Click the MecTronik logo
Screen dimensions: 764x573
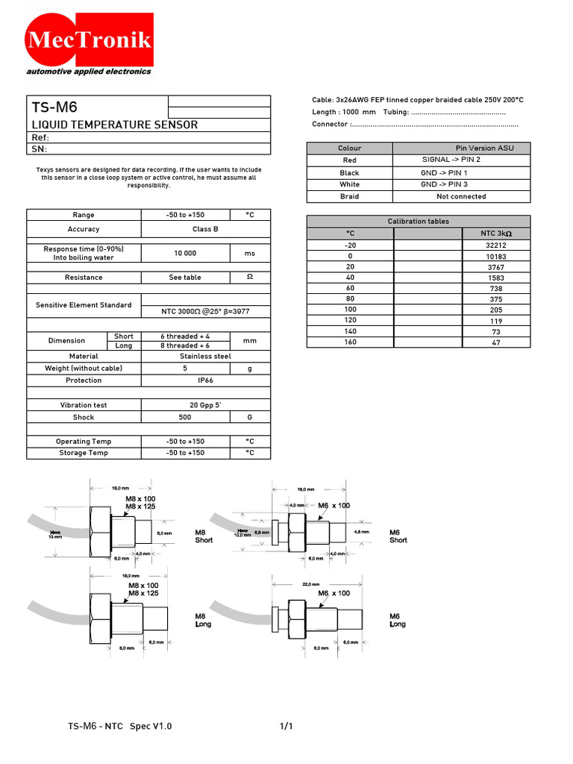[89, 41]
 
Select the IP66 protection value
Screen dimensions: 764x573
[186, 381]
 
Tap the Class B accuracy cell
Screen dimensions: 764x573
[186, 229]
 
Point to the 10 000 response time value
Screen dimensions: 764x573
[185, 253]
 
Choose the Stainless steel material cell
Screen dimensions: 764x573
[186, 357]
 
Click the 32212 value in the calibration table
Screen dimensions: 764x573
[495, 245]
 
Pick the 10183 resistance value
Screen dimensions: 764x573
[495, 256]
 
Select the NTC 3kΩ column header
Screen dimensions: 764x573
[495, 234]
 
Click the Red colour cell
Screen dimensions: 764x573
[349, 160]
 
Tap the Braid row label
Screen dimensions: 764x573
[349, 196]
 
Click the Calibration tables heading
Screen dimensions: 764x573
[419, 222]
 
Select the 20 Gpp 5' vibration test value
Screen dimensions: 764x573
[186, 405]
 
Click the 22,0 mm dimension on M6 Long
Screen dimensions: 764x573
[310, 584]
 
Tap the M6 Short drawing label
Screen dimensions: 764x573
[398, 536]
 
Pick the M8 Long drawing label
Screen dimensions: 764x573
[203, 620]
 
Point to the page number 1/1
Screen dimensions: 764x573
[287, 726]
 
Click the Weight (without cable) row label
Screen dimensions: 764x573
[84, 369]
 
